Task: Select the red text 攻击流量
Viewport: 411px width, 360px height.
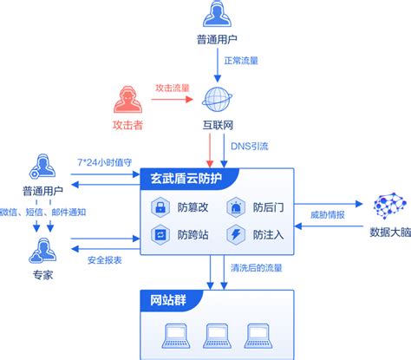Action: click(x=172, y=88)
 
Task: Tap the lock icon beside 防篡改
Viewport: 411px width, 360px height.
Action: click(x=160, y=207)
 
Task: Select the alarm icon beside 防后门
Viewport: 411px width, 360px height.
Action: click(x=235, y=207)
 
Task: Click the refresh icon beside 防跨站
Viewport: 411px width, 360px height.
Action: click(x=160, y=233)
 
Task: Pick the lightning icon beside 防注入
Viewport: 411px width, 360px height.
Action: click(x=235, y=233)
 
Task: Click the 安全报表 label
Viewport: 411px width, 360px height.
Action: click(x=105, y=259)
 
